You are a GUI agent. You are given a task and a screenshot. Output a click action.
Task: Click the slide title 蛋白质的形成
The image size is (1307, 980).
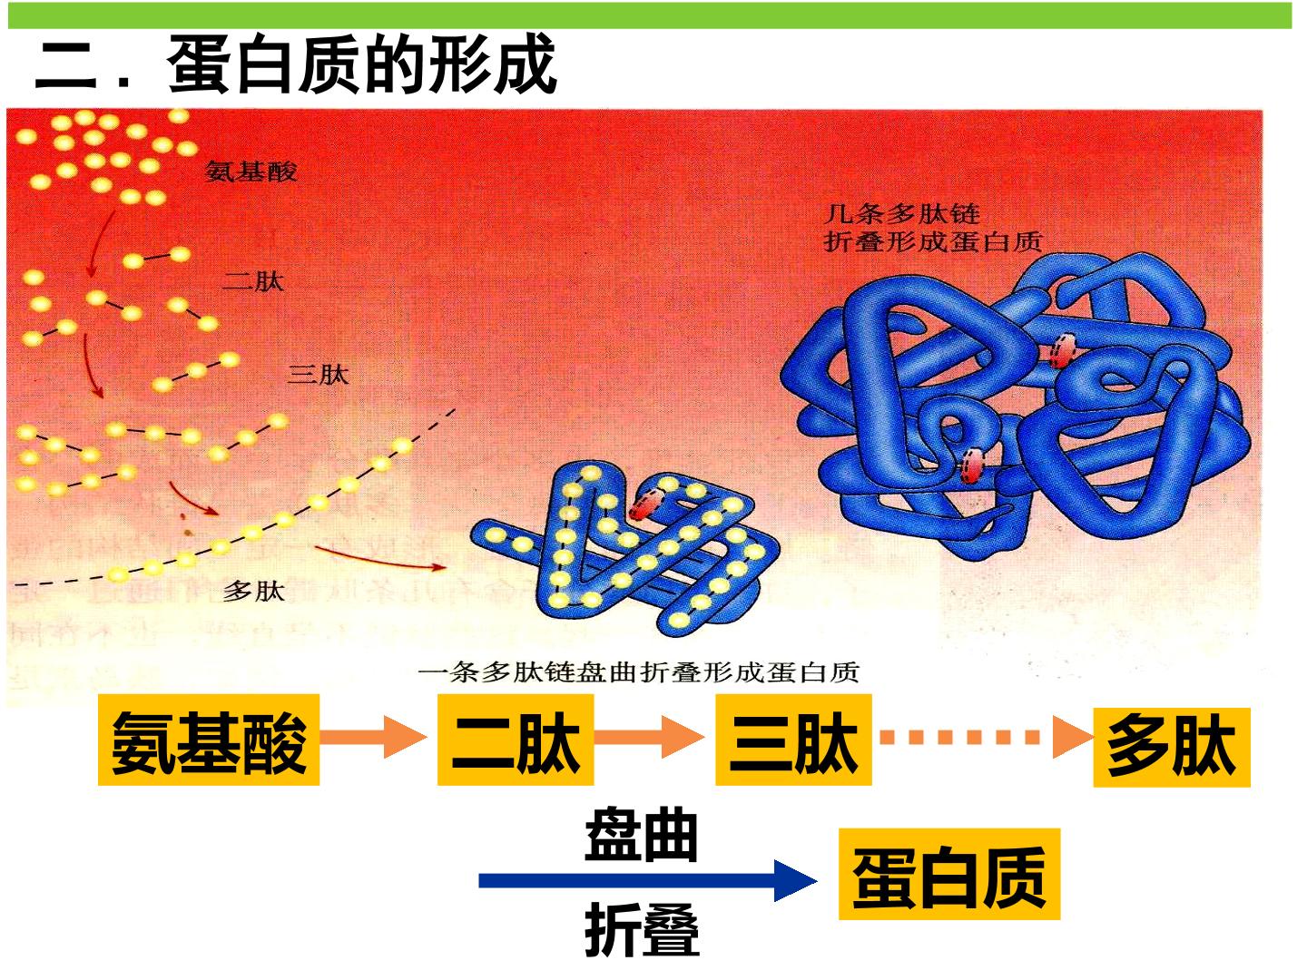click(x=362, y=64)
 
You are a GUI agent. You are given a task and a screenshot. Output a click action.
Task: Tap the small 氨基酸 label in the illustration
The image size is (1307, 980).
click(x=251, y=172)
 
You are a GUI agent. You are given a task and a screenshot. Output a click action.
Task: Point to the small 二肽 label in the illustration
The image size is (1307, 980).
click(x=253, y=281)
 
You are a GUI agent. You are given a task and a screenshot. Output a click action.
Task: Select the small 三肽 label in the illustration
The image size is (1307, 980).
click(x=318, y=375)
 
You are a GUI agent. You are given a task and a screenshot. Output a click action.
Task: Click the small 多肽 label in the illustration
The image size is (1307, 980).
click(x=253, y=591)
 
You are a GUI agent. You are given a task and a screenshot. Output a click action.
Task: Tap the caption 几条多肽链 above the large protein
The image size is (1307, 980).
click(x=902, y=213)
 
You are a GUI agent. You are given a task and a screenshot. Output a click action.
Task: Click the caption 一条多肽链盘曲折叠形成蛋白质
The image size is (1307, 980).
click(x=638, y=672)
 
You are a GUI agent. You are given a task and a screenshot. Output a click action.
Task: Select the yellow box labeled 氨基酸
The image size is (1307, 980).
click(x=209, y=740)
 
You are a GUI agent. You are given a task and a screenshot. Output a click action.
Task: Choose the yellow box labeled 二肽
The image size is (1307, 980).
click(x=515, y=740)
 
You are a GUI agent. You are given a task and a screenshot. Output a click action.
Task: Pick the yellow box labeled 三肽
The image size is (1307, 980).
click(x=793, y=740)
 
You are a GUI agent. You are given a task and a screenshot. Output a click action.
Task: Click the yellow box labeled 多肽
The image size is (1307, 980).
click(x=1171, y=747)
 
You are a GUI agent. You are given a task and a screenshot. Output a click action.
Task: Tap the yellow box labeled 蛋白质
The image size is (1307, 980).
click(x=949, y=874)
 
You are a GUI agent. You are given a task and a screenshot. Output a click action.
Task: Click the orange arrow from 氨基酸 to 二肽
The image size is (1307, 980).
click(x=373, y=737)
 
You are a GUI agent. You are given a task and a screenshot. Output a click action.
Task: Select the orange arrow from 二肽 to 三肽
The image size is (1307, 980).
click(x=649, y=737)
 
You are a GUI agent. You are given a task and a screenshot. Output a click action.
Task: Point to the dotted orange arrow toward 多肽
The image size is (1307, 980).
click(x=987, y=737)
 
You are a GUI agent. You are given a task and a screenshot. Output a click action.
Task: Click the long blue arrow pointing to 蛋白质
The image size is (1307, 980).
click(x=648, y=880)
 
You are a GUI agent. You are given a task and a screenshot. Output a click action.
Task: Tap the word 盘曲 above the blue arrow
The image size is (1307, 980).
click(x=641, y=836)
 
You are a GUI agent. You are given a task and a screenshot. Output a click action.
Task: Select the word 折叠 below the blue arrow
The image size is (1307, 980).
click(x=642, y=930)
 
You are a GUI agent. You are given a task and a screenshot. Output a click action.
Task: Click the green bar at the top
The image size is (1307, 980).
click(x=650, y=15)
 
